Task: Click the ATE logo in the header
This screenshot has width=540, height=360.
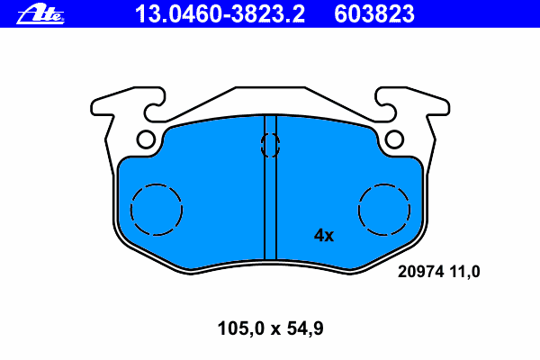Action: (x=40, y=14)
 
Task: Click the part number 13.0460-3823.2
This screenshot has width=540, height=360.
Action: (x=220, y=14)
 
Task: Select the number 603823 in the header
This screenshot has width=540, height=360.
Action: (x=374, y=14)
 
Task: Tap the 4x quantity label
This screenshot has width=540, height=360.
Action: (x=324, y=236)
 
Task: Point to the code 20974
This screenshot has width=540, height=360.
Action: (x=420, y=272)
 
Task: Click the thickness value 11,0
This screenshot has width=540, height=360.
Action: (x=465, y=272)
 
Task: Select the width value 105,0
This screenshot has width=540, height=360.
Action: (x=240, y=328)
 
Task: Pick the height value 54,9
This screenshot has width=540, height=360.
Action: (x=305, y=328)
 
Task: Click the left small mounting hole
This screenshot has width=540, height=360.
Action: (x=146, y=139)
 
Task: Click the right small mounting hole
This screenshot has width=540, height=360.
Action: (x=394, y=139)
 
